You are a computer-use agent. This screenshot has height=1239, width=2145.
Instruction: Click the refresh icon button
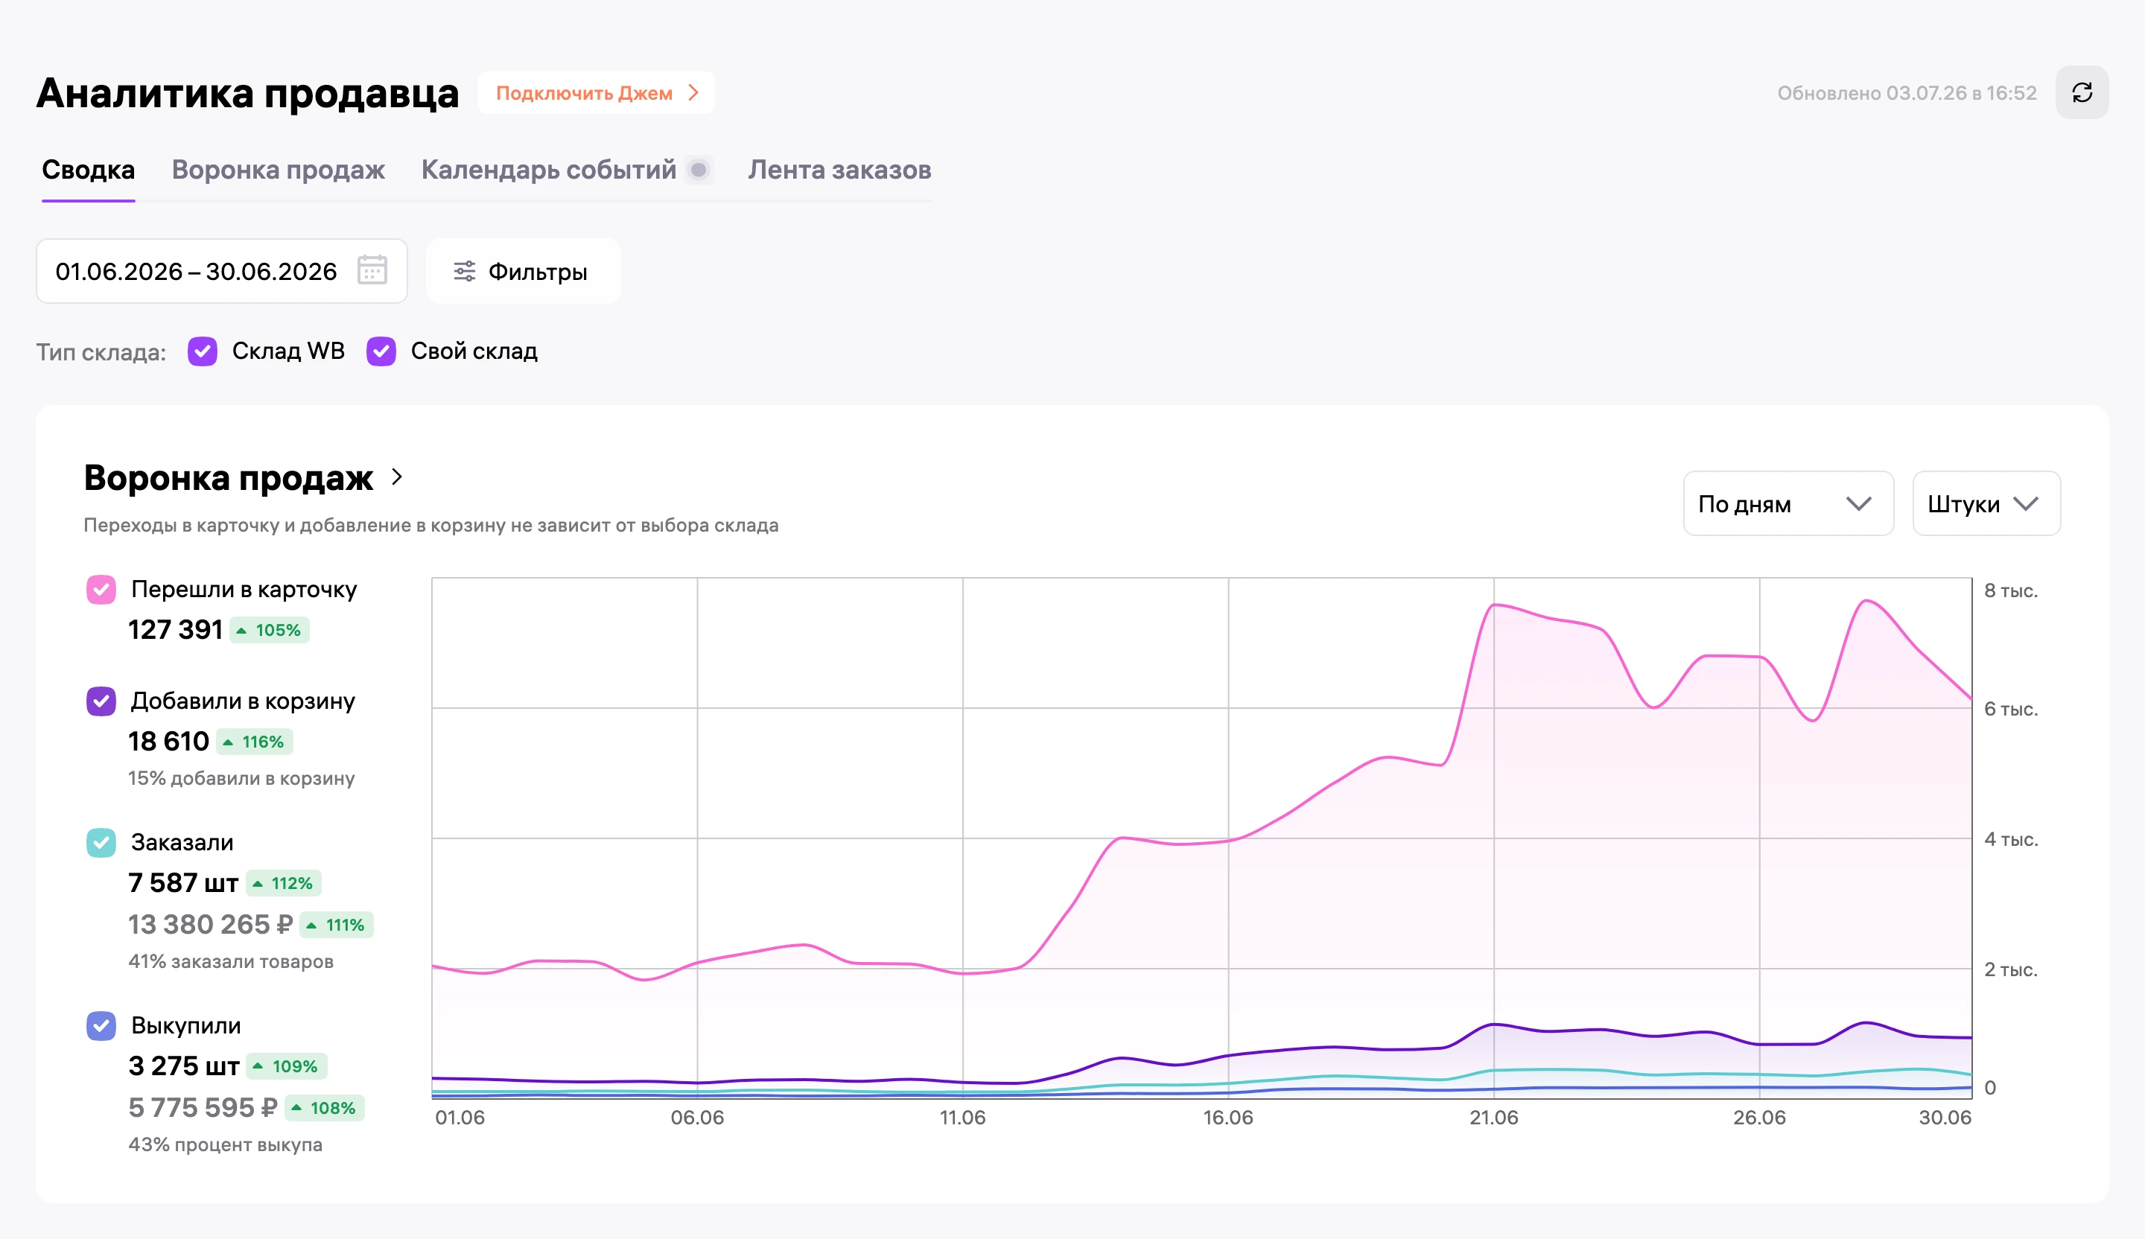pyautogui.click(x=2082, y=93)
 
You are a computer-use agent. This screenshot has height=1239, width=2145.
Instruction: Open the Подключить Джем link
pyautogui.click(x=596, y=93)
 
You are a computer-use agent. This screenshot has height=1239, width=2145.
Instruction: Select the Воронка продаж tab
pyautogui.click(x=279, y=171)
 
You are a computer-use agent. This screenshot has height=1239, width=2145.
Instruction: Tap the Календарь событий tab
pyautogui.click(x=549, y=171)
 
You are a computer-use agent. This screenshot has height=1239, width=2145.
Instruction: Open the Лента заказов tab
pyautogui.click(x=839, y=171)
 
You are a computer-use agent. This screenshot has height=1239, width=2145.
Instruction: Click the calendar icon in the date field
pyautogui.click(x=372, y=270)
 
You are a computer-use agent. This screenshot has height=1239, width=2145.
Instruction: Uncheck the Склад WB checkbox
pyautogui.click(x=203, y=351)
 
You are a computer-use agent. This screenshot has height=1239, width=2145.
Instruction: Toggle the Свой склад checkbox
pyautogui.click(x=381, y=351)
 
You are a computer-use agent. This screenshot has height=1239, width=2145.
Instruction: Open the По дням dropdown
pyautogui.click(x=1788, y=504)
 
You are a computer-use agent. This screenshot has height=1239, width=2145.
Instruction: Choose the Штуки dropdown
pyautogui.click(x=1986, y=504)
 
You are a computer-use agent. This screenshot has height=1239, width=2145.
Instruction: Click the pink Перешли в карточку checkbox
pyautogui.click(x=101, y=590)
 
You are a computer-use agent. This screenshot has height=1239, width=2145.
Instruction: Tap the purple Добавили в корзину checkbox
pyautogui.click(x=101, y=701)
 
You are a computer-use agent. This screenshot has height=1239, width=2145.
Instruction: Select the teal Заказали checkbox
pyautogui.click(x=101, y=842)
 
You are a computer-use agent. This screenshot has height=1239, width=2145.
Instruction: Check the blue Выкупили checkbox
pyautogui.click(x=101, y=1025)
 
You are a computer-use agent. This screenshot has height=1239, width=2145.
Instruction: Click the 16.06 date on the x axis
pyautogui.click(x=1227, y=1118)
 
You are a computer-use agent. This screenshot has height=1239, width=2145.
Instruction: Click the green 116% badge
pyautogui.click(x=255, y=742)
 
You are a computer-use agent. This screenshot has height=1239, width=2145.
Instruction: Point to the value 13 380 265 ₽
pyautogui.click(x=210, y=924)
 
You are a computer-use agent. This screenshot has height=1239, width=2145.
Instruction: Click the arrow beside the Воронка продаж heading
pyautogui.click(x=397, y=477)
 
